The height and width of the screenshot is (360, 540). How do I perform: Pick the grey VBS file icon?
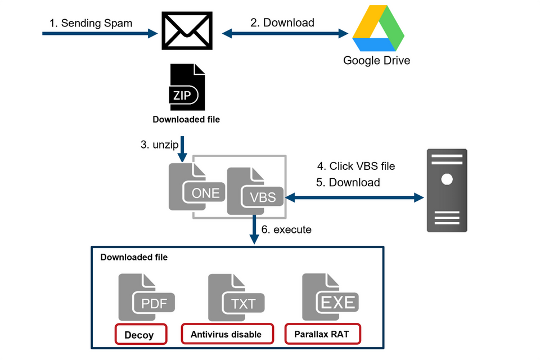pyautogui.click(x=254, y=191)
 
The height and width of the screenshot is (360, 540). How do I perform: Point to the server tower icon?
pyautogui.click(x=447, y=190)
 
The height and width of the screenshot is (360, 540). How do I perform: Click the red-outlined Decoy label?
pyautogui.click(x=141, y=335)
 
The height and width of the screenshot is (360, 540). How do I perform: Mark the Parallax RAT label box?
pyautogui.click(x=322, y=334)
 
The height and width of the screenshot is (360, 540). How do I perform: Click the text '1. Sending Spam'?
pyautogui.click(x=91, y=23)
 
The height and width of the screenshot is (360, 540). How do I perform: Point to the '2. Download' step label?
pyautogui.click(x=282, y=22)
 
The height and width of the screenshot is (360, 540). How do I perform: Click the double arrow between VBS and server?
pyautogui.click(x=354, y=197)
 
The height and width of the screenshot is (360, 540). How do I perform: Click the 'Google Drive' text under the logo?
pyautogui.click(x=377, y=60)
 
